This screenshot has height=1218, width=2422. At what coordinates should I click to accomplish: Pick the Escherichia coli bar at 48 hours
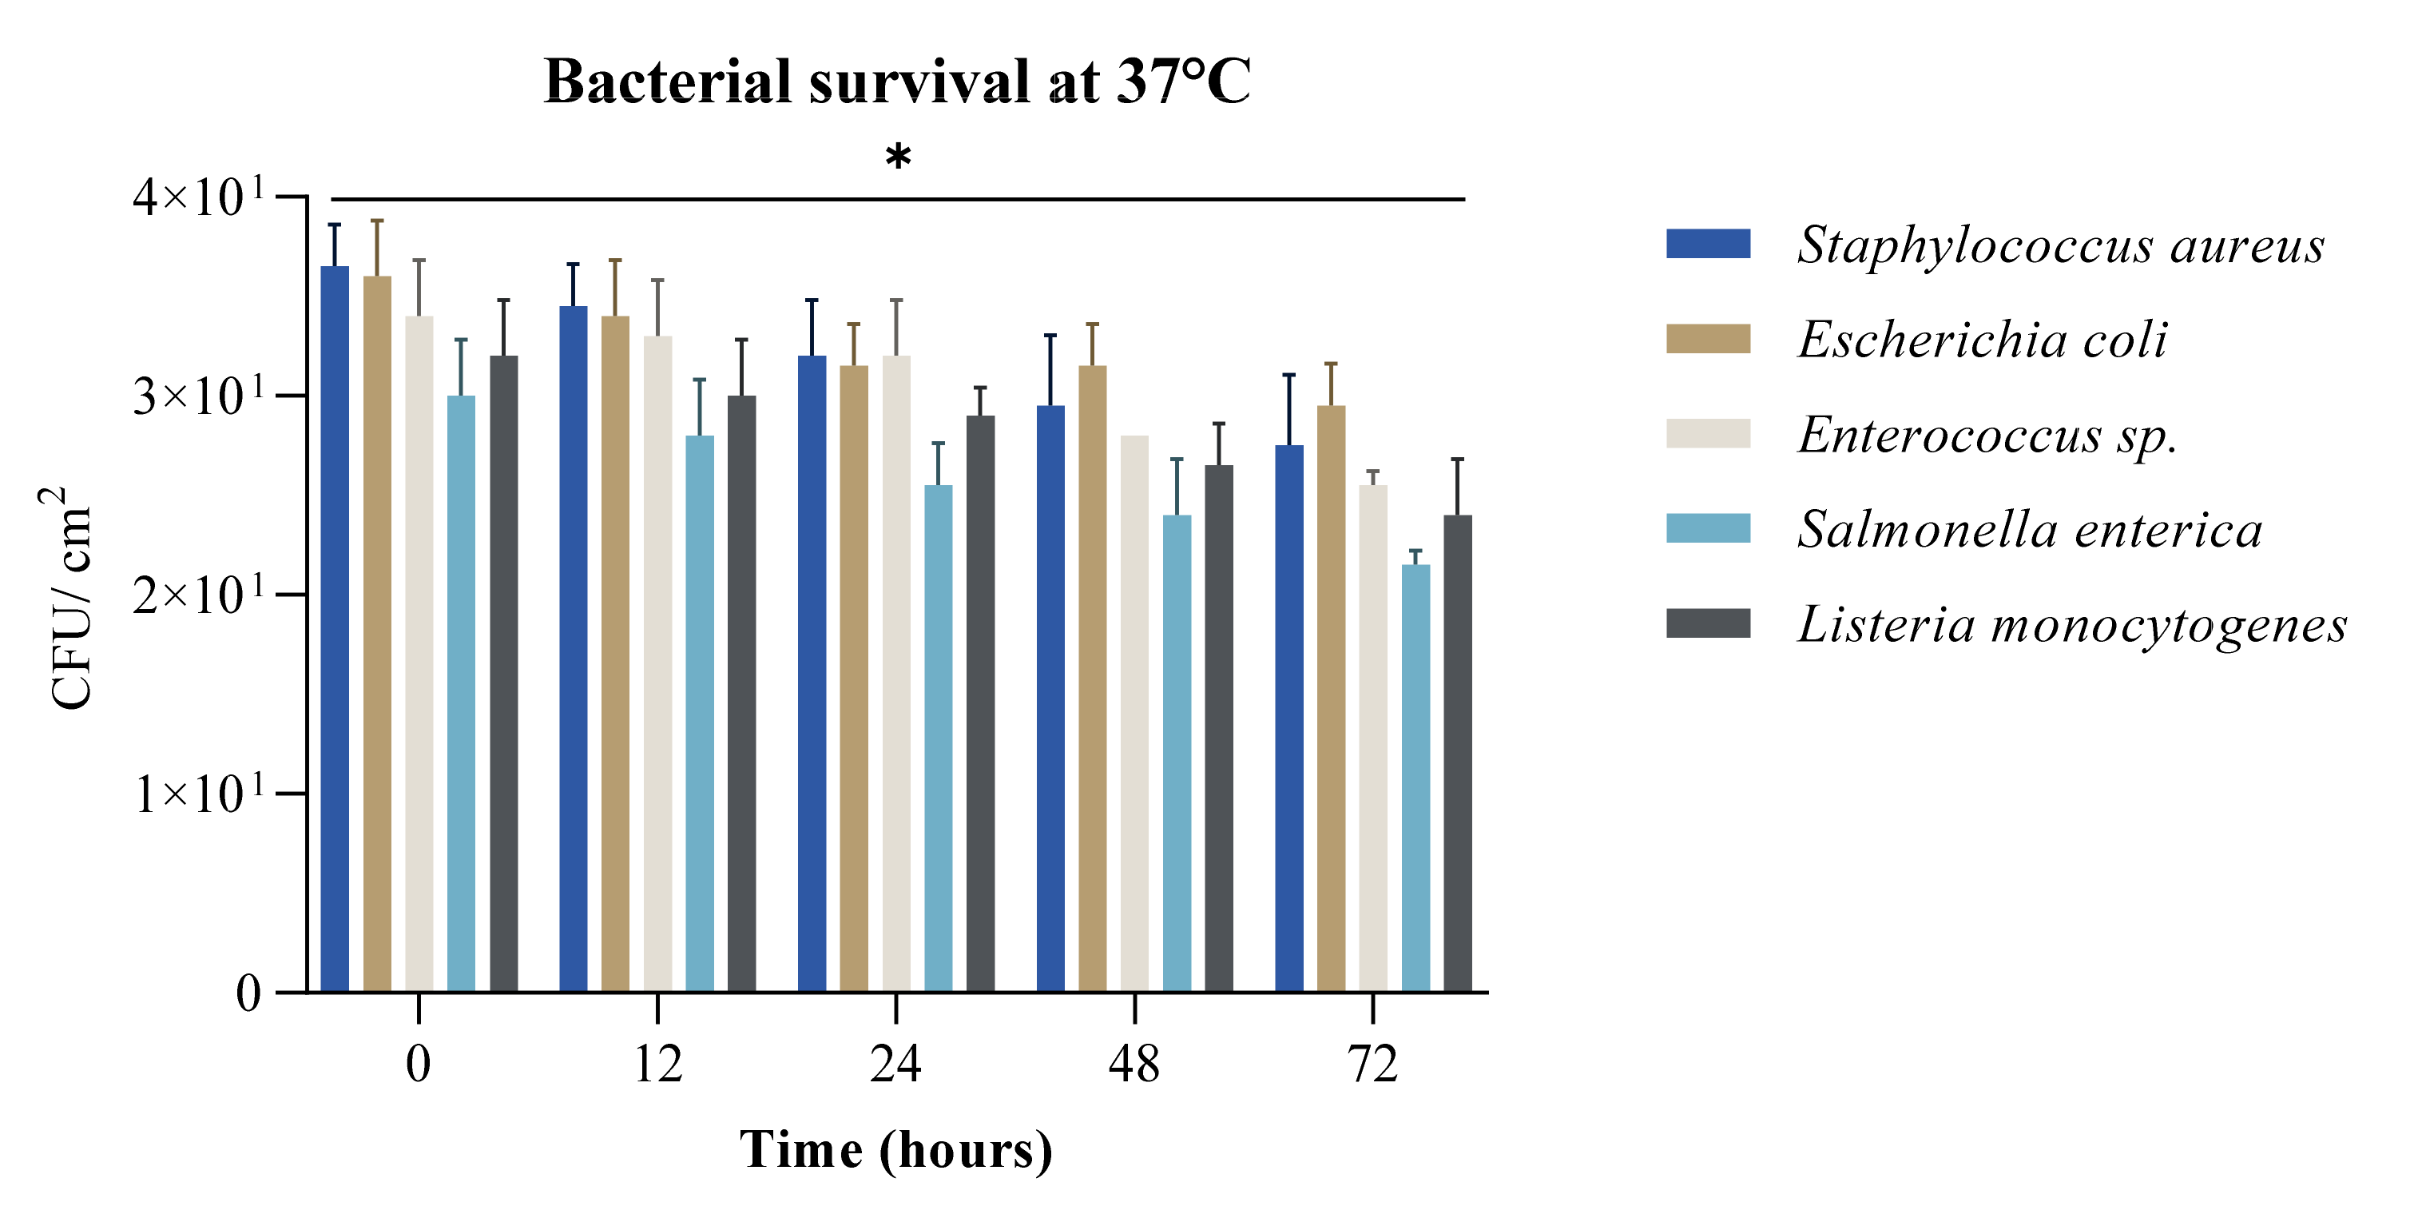[1092, 678]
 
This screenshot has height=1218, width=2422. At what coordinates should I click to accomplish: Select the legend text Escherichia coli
[1982, 340]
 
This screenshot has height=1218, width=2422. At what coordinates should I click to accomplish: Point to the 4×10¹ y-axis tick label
[198, 197]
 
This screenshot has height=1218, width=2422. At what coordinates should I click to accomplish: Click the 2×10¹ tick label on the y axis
[198, 595]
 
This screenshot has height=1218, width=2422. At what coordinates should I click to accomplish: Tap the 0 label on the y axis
[248, 993]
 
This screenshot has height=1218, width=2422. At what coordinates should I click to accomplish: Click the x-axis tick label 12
[657, 1065]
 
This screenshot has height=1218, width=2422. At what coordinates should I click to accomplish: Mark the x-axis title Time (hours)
[896, 1149]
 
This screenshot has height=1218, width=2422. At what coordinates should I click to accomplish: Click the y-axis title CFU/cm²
[69, 598]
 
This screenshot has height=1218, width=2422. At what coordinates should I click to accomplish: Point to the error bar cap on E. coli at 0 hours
[377, 221]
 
